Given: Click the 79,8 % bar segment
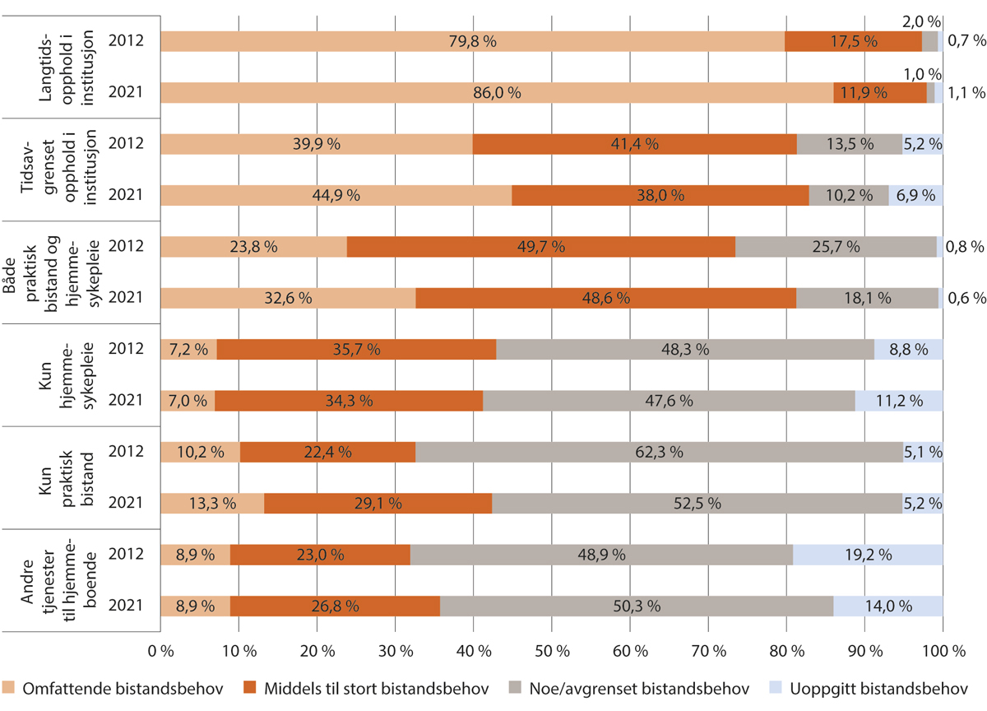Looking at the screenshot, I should pos(472,41).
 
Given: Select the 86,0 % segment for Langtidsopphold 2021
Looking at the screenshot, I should pos(497,93).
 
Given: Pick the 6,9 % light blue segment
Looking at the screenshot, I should pos(915,196).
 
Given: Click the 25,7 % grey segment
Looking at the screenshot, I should pos(835,246).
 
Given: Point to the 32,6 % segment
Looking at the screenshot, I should pos(288,298).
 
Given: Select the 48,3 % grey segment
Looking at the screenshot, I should pos(684,349).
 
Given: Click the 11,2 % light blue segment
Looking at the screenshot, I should pos(899,401).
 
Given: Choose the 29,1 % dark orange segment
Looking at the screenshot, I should pos(378,503).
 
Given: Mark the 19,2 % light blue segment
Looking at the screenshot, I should pos(868,555).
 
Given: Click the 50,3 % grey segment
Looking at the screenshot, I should pos(637,606).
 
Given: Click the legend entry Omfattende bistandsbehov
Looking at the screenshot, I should pos(114,688).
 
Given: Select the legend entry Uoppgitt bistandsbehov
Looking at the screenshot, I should pos(884,688).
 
